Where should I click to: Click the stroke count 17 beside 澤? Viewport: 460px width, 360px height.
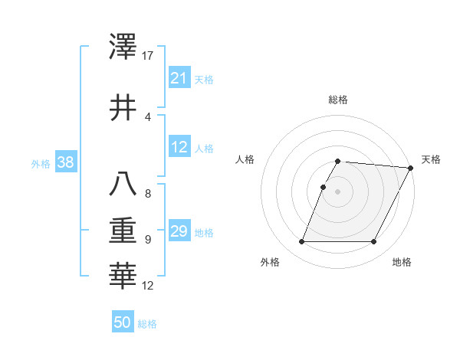(149, 56)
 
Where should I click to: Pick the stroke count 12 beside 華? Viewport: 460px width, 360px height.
(149, 286)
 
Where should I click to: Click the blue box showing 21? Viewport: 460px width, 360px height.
(179, 78)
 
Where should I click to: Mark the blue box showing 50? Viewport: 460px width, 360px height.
(122, 322)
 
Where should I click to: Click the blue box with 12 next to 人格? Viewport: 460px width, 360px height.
(179, 148)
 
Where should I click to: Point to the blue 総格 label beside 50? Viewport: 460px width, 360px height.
(147, 324)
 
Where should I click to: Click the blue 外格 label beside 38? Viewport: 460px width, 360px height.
(40, 163)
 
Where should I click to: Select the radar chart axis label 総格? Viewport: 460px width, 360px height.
(338, 100)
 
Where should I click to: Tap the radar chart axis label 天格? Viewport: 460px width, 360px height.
(431, 159)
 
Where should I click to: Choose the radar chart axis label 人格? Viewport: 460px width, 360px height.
(245, 159)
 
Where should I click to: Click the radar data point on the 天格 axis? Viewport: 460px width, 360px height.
(411, 168)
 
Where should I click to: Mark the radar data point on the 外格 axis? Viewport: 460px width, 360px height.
(301, 242)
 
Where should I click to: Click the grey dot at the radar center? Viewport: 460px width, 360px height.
(338, 191)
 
